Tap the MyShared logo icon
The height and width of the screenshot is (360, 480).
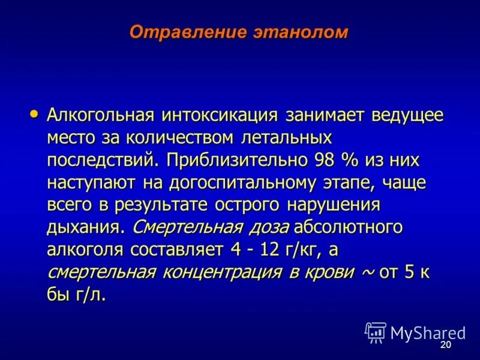[376, 332]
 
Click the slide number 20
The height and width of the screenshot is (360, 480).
[445, 346]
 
